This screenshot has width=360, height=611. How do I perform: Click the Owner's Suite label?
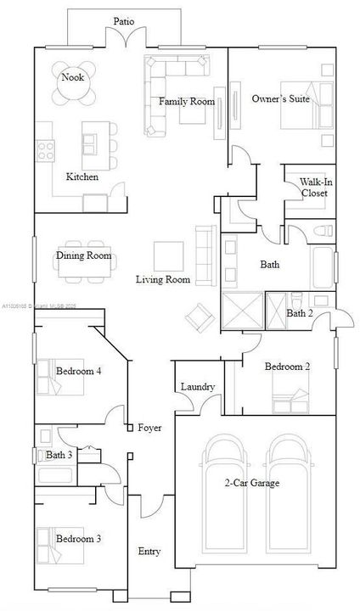279,99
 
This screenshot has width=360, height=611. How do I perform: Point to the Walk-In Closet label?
315,187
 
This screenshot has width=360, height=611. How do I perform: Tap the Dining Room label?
84,255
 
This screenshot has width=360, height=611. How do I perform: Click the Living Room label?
163,279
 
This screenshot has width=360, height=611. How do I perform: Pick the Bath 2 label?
300,313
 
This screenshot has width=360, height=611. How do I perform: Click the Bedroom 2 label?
286,367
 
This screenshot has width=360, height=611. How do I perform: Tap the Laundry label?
198,387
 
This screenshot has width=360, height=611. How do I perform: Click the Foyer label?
149,428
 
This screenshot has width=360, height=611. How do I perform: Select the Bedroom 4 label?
78,371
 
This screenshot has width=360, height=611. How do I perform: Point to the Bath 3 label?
59,456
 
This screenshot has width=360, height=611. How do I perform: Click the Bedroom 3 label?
78,539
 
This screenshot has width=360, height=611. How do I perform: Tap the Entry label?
149,552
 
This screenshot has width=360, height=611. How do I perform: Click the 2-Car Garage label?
251,484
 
